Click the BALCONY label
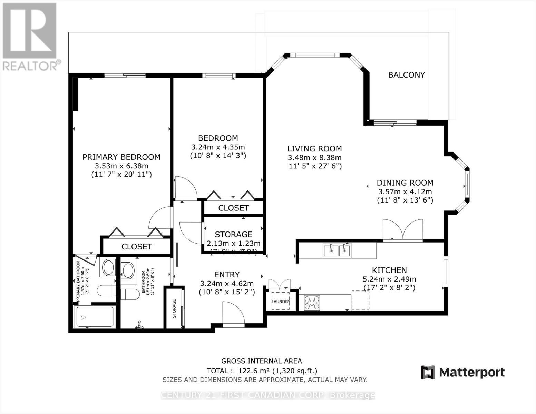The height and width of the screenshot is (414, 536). pyautogui.click(x=406, y=75)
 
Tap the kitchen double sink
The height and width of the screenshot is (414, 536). pyautogui.click(x=337, y=250)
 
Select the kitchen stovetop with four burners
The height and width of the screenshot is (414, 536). pyautogui.click(x=312, y=303)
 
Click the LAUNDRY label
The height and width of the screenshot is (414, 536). pyautogui.click(x=281, y=302)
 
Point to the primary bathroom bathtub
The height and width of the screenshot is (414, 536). pyautogui.click(x=94, y=317)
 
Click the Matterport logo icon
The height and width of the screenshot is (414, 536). pyautogui.click(x=428, y=372)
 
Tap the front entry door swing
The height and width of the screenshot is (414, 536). pyautogui.click(x=233, y=313)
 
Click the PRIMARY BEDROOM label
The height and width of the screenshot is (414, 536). pyautogui.click(x=121, y=157)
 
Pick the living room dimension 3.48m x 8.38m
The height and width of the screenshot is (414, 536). pyautogui.click(x=314, y=158)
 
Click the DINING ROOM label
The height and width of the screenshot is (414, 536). pyautogui.click(x=405, y=183)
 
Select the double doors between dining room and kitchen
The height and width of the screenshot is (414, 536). pyautogui.click(x=403, y=230)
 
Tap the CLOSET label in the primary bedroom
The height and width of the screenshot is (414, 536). pyautogui.click(x=137, y=246)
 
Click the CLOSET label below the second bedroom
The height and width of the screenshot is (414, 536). pyautogui.click(x=233, y=208)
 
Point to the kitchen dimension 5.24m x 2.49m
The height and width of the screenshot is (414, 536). pyautogui.click(x=389, y=279)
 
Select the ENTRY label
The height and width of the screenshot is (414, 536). pyautogui.click(x=227, y=275)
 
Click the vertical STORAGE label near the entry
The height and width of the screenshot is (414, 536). pyautogui.click(x=174, y=308)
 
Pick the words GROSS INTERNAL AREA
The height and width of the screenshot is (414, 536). pyautogui.click(x=261, y=361)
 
